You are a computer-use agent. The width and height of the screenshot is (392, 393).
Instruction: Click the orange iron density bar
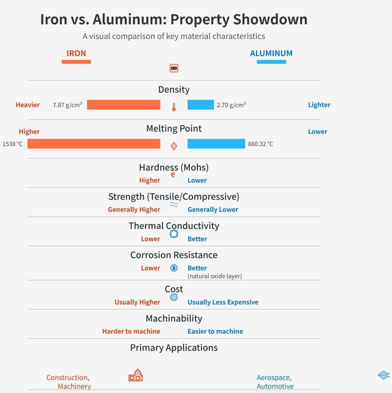(123, 105)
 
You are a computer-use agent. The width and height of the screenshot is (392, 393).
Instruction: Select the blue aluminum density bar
(201, 105)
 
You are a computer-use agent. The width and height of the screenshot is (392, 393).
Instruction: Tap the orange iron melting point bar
(94, 144)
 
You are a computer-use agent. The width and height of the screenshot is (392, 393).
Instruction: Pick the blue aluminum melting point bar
(216, 144)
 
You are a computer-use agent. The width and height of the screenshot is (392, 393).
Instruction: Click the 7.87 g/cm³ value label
(67, 105)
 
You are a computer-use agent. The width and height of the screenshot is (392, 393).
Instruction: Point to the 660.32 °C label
(260, 144)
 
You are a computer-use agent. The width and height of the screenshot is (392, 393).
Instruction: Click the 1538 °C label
(13, 144)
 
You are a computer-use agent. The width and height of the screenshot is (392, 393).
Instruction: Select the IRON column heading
(76, 53)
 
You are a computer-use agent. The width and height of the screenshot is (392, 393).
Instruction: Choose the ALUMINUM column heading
(271, 53)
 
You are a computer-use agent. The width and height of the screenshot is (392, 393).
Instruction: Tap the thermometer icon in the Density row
(174, 107)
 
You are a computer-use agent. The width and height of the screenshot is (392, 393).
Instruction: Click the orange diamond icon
(174, 146)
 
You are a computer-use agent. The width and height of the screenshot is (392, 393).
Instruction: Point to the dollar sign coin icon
(174, 268)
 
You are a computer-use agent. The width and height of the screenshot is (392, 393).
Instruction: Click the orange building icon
(136, 375)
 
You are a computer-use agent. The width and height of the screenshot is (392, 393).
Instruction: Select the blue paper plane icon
(384, 375)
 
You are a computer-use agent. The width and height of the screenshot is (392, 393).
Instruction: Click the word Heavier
(28, 105)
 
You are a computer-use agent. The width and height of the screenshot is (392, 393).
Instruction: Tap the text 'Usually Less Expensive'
(223, 302)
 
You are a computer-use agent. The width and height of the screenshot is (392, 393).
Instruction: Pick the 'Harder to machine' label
(131, 331)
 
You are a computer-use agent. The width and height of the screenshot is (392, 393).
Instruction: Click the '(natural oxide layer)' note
(215, 276)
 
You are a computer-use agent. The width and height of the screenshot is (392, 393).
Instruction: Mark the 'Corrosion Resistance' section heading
(174, 255)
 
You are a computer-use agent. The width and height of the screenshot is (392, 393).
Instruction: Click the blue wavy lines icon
(174, 204)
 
